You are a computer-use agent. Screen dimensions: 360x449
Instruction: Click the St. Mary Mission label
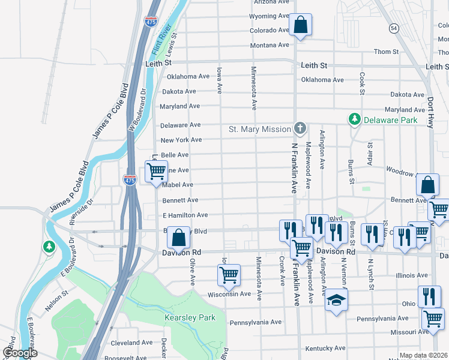click(x=259, y=129)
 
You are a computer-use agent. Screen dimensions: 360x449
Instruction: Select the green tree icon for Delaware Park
click(x=355, y=119)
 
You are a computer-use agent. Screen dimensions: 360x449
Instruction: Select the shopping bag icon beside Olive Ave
click(x=179, y=238)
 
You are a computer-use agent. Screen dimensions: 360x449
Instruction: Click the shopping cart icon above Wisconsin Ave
click(x=229, y=275)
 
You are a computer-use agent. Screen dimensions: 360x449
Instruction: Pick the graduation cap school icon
click(x=337, y=301)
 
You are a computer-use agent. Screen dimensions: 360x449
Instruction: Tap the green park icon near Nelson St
click(x=49, y=246)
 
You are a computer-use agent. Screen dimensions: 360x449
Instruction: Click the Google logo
click(x=20, y=353)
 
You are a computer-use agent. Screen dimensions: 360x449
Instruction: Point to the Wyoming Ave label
click(x=270, y=16)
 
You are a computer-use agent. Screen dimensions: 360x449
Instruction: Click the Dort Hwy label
click(x=430, y=112)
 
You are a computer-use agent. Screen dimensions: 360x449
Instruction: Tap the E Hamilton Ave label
click(x=185, y=215)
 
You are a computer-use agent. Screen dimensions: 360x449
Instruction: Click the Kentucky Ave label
click(x=325, y=348)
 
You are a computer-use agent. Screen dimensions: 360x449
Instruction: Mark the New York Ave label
click(x=181, y=140)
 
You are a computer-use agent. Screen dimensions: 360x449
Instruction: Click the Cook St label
click(x=362, y=83)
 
